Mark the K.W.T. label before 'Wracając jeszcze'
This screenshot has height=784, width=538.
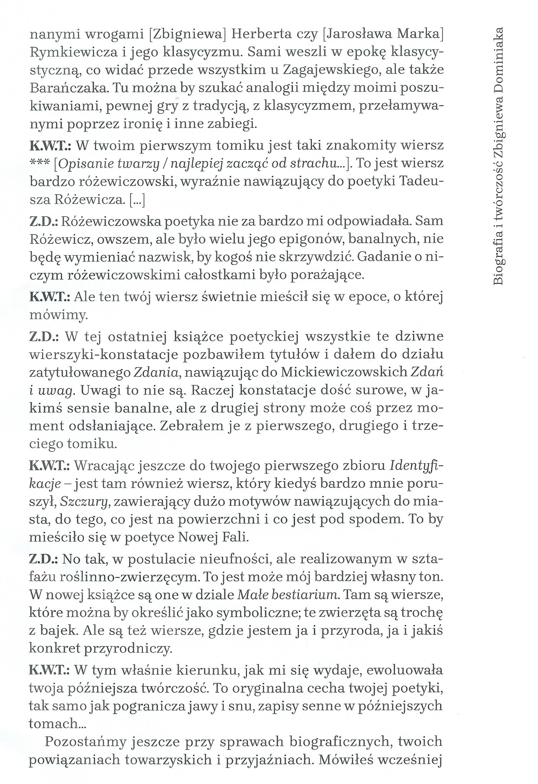pyautogui.click(x=50, y=466)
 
